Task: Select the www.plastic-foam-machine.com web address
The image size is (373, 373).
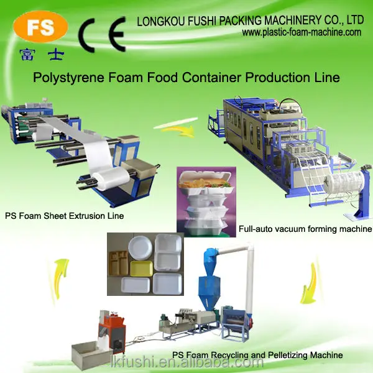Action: (302, 32)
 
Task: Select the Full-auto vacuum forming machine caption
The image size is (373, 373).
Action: (305, 229)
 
